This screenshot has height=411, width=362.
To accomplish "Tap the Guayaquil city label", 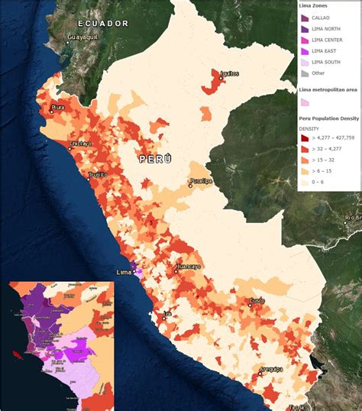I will [83, 37].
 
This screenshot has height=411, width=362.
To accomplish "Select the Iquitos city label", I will [229, 73].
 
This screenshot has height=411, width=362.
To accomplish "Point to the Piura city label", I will [58, 108].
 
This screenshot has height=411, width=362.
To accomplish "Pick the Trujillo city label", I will [97, 174].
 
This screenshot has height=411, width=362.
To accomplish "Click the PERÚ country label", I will [154, 158].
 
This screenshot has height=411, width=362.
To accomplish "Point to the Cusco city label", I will [257, 301].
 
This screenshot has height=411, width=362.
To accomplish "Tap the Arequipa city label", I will [270, 369].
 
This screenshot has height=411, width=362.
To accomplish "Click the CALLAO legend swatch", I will [305, 18].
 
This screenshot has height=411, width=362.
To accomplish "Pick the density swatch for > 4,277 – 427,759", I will [305, 138].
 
